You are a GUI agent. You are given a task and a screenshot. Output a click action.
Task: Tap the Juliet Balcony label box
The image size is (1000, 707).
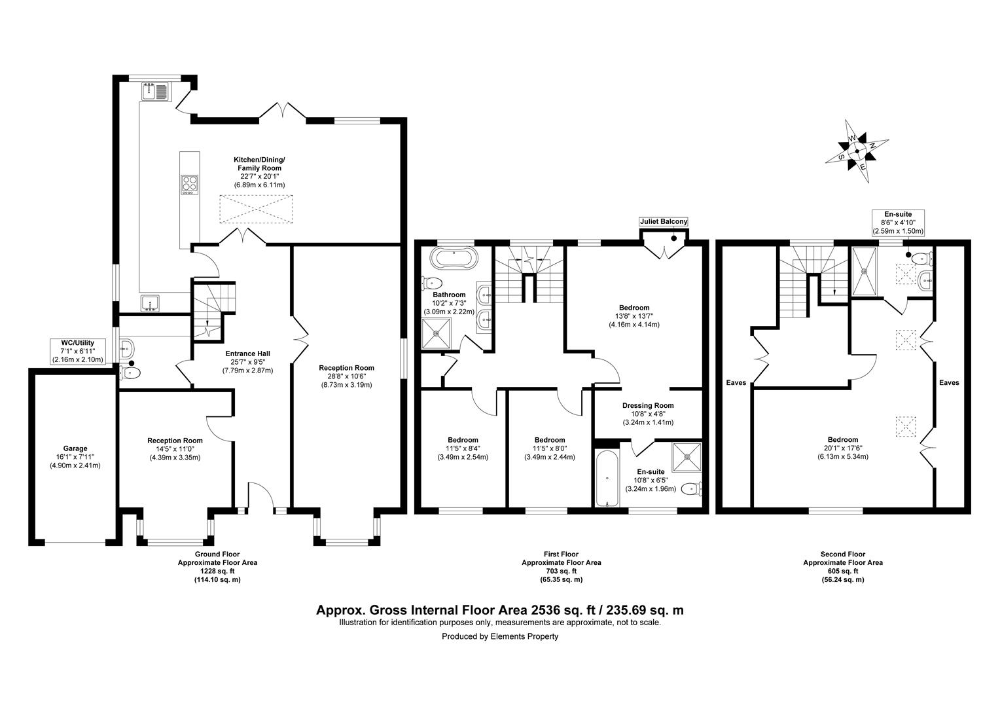click(664, 222)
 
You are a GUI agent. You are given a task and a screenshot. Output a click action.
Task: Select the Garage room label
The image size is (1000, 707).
click(75, 448)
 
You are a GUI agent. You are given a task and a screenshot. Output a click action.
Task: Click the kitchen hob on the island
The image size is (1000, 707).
click(189, 185)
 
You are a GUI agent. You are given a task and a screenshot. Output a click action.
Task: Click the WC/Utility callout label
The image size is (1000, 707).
click(77, 352)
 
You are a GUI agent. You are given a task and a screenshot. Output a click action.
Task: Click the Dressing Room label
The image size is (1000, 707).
click(647, 405)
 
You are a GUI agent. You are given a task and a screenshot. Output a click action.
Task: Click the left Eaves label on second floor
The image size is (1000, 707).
click(736, 382)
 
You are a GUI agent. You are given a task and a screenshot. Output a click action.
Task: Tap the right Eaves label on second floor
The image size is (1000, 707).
click(949, 382)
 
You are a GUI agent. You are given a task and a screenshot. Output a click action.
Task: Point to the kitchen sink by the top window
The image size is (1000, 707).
click(154, 92)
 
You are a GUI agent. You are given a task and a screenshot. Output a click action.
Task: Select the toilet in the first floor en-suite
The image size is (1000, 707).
click(691, 488)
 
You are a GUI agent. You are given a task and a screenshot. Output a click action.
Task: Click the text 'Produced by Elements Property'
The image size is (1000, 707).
click(500, 636)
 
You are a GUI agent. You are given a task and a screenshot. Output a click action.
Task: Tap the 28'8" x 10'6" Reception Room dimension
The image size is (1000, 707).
click(346, 376)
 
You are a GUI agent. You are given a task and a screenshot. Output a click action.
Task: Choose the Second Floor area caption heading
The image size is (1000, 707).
click(842, 554)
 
